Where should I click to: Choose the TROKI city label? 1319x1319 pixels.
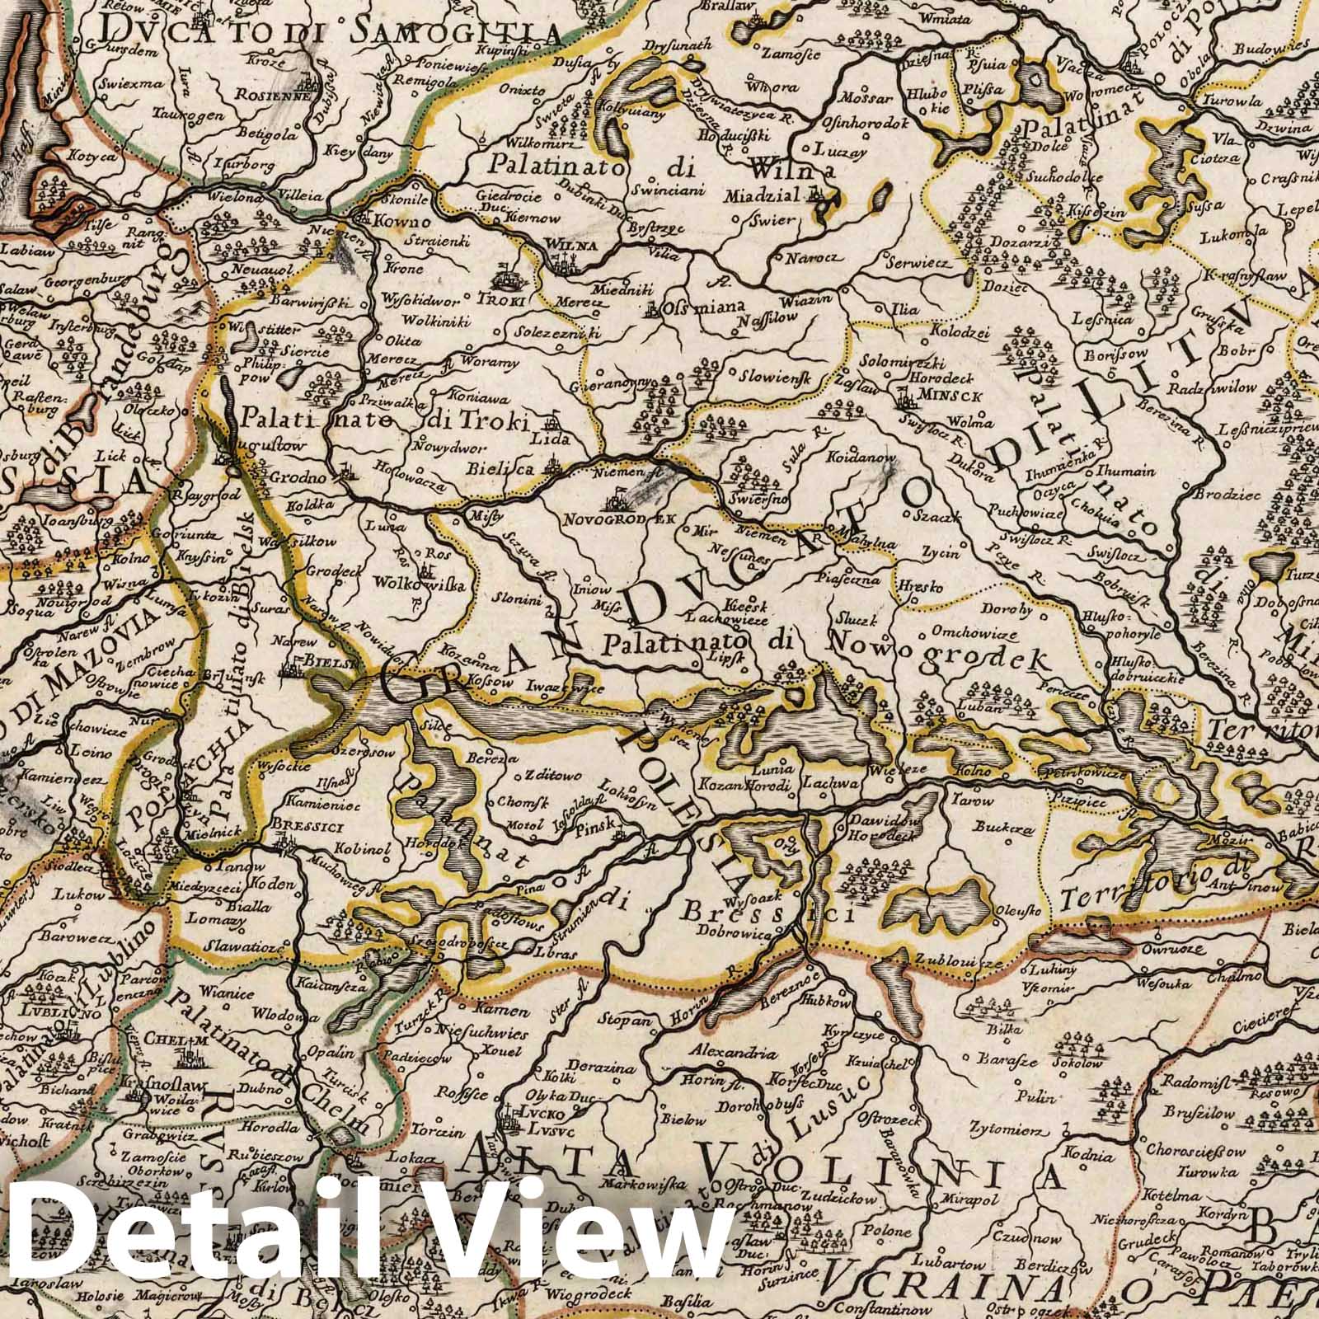[x=506, y=300]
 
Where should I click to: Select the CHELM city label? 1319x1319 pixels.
[x=167, y=1039]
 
